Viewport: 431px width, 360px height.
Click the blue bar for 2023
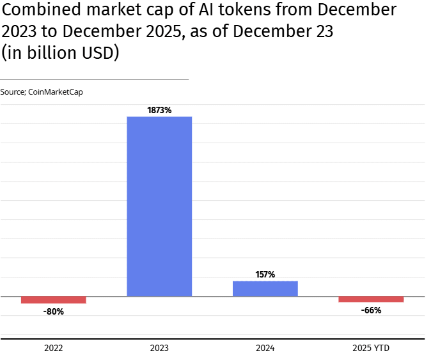(159, 207)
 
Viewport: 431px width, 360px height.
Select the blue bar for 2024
(265, 288)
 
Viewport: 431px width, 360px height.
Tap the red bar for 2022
(54, 300)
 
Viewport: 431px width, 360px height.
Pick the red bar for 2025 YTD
(371, 299)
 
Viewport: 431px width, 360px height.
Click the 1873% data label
(159, 110)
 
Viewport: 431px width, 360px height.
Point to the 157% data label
(265, 274)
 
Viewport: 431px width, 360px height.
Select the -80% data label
(54, 311)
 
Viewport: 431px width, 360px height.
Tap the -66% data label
(371, 310)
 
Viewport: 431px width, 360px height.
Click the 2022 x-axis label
(54, 348)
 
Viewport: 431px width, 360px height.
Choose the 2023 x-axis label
(159, 348)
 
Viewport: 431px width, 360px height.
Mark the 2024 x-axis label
(265, 348)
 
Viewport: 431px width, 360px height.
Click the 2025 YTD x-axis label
(371, 348)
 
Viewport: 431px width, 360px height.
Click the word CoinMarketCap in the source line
(56, 92)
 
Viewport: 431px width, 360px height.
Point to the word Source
(13, 92)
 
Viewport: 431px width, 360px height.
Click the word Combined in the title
(42, 10)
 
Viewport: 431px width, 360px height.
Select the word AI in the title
(206, 10)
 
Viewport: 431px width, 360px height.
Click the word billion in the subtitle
(52, 52)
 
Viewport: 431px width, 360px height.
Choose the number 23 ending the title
(324, 31)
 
